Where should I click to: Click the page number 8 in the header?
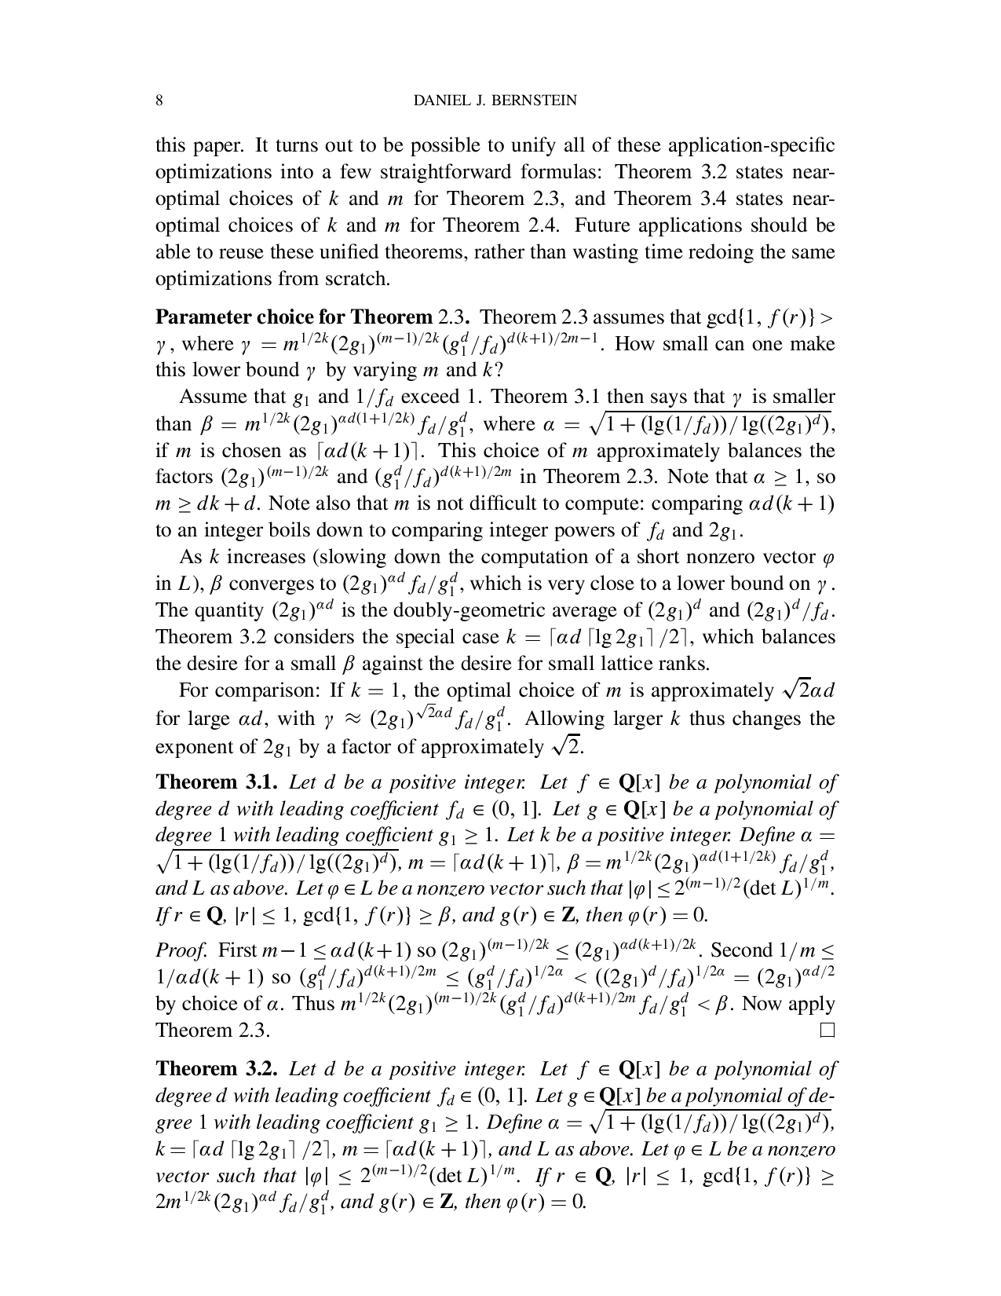(159, 101)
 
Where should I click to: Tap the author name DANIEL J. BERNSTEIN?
(495, 101)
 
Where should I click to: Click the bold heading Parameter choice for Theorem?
(294, 317)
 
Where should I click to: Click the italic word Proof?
(179, 950)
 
